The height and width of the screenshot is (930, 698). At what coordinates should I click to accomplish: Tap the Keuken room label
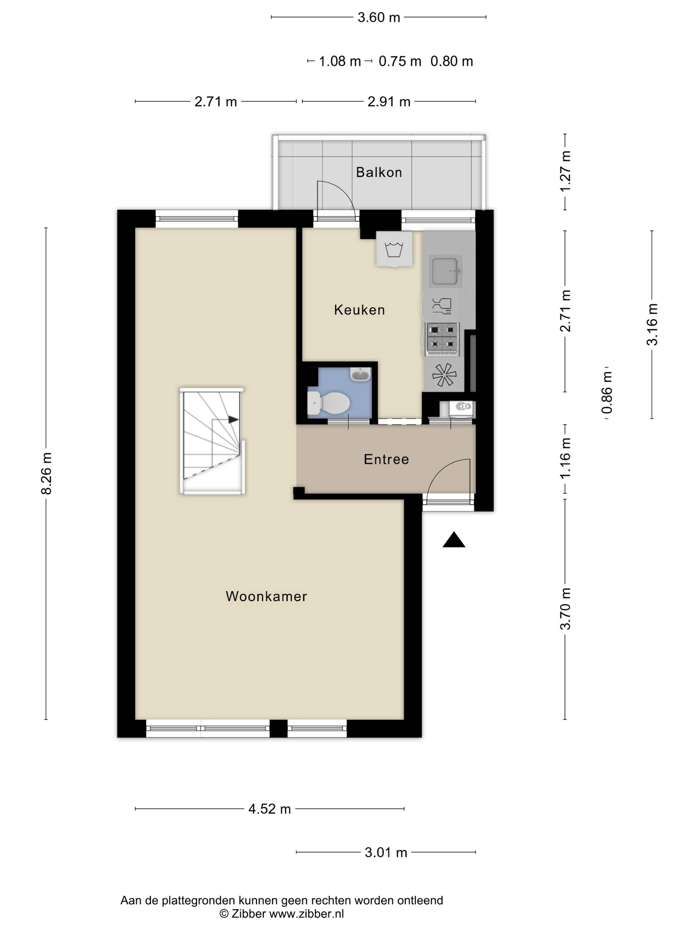coord(359,310)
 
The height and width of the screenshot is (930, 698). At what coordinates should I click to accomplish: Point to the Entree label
coord(386,459)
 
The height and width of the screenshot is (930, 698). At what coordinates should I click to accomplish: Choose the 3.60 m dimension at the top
coord(379,17)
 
